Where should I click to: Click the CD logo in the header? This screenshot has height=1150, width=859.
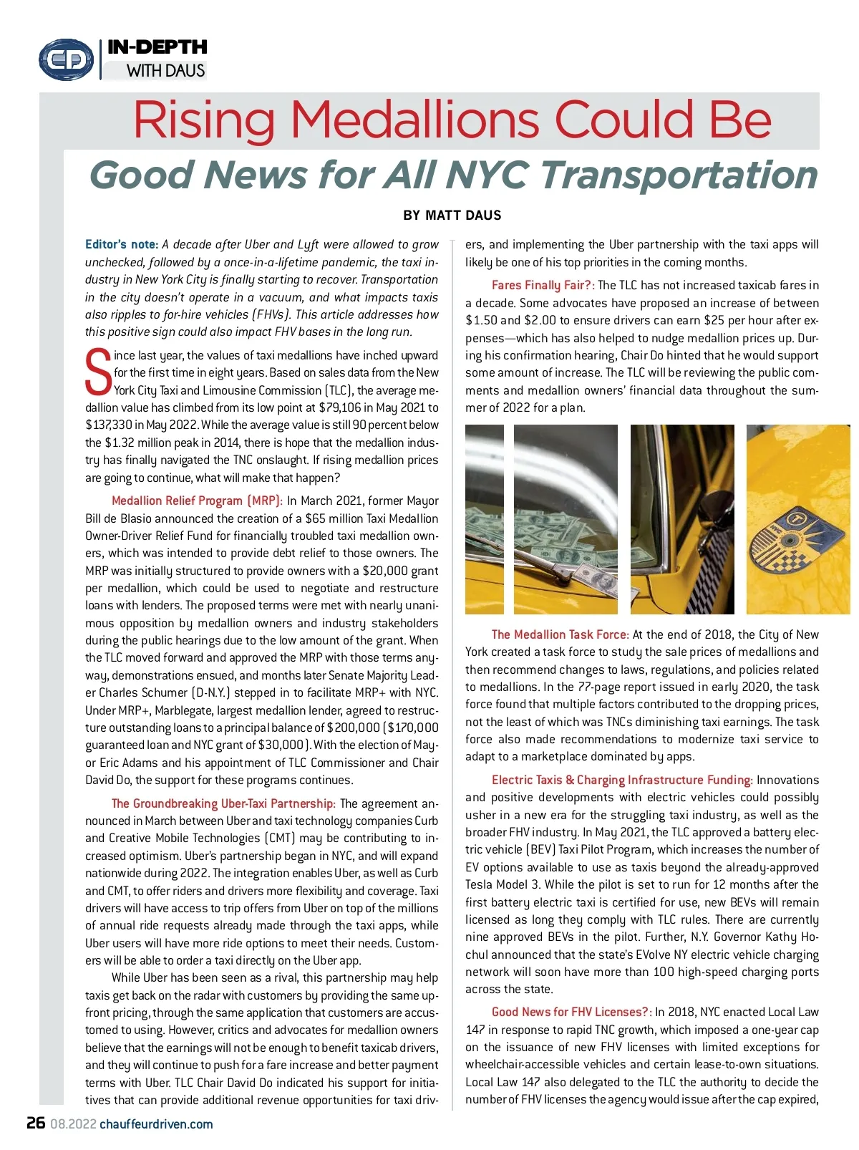(66, 59)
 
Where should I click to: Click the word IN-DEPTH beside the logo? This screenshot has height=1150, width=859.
(157, 47)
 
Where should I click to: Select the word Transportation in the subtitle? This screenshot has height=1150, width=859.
(678, 175)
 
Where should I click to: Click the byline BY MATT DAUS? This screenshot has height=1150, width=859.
(452, 216)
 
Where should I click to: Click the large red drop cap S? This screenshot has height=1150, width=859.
(98, 372)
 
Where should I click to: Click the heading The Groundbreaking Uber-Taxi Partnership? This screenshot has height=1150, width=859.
(223, 803)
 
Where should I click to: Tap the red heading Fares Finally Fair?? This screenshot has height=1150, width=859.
(543, 285)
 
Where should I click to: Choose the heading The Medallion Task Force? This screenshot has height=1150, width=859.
(560, 634)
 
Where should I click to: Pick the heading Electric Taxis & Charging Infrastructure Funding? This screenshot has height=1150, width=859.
(621, 780)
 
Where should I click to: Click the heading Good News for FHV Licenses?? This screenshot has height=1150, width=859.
(571, 1012)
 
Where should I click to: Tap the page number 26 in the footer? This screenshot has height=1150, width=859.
(36, 1123)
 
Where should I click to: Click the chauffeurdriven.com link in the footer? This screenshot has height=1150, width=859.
(156, 1124)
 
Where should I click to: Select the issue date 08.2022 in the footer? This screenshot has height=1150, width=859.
(73, 1124)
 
